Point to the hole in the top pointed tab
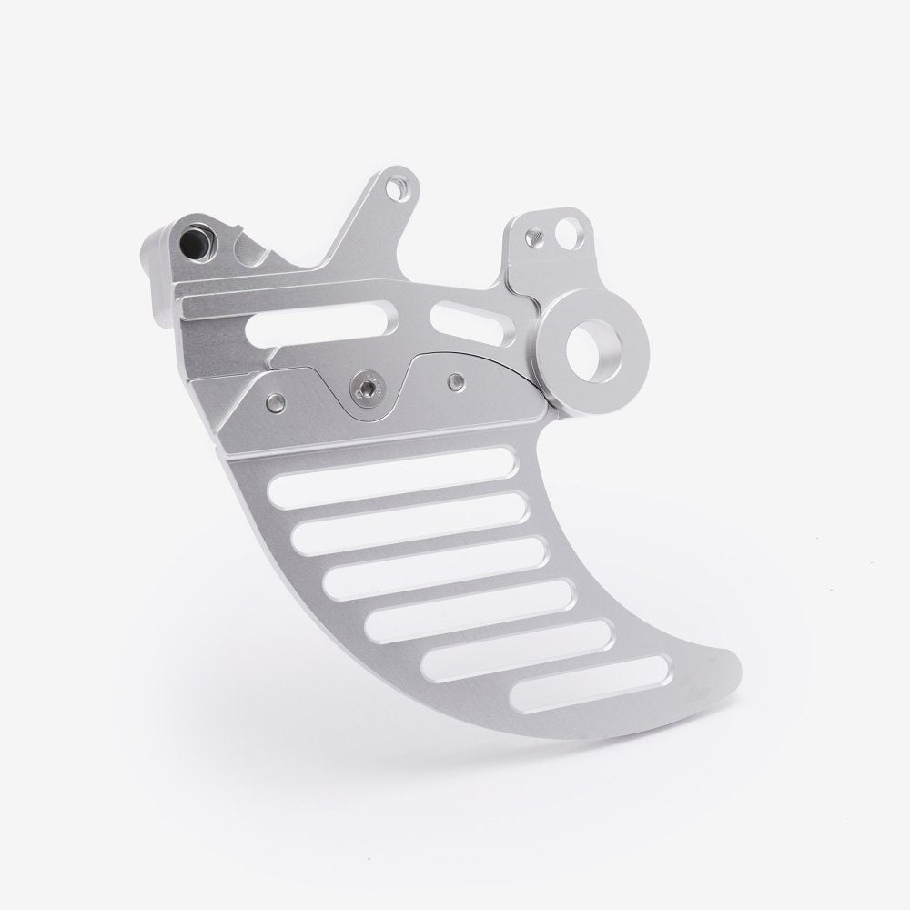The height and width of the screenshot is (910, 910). [x=393, y=189]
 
